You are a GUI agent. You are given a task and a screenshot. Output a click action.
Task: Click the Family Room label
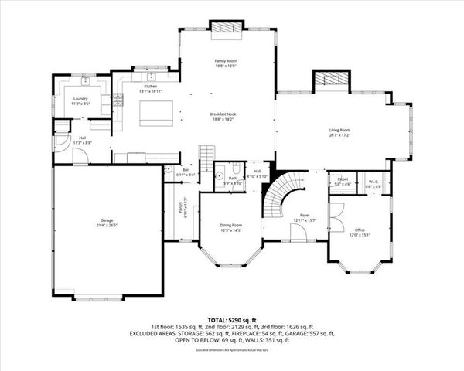pyautogui.click(x=226, y=60)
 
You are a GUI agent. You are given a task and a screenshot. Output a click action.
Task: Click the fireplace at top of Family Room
pyautogui.click(x=227, y=28)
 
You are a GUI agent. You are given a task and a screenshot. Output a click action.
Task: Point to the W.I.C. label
pyautogui.click(x=373, y=181)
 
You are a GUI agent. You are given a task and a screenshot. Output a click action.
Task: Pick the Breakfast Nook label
pyautogui.click(x=226, y=115)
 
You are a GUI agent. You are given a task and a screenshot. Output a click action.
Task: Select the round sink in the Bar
pyautogui.click(x=169, y=168)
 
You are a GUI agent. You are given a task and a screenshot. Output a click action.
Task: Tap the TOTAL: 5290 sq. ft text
pyautogui.click(x=231, y=319)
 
